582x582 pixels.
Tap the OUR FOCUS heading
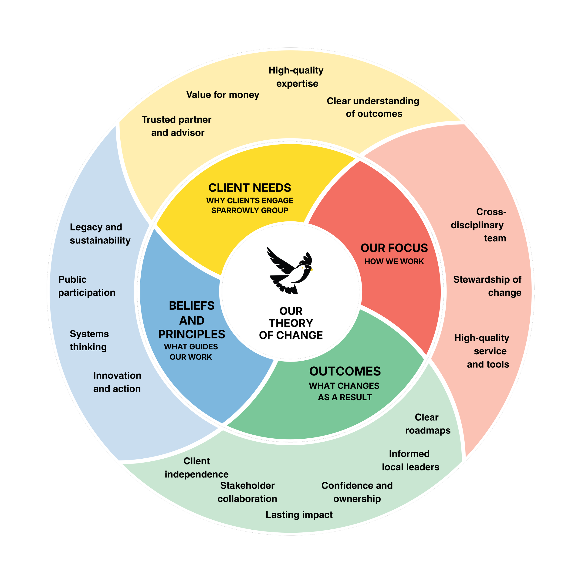394,248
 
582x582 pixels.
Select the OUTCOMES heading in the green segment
345,371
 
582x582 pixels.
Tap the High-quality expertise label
296,77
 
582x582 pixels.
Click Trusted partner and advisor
177,126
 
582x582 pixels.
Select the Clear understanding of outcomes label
373,107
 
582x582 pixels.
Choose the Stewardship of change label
487,286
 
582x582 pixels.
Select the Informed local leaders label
410,460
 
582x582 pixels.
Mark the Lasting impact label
299,515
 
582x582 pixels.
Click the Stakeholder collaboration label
247,492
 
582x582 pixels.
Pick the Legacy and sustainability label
100,234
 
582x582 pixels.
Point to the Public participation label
87,286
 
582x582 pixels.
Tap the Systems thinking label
89,340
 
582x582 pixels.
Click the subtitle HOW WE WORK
394,261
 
